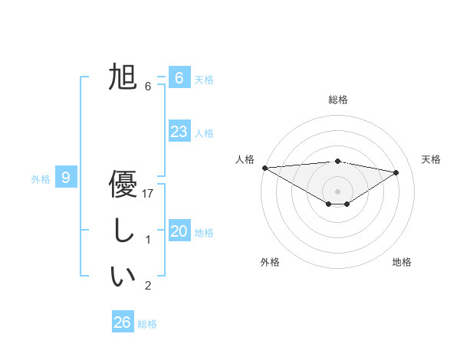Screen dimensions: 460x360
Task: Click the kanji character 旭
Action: click(123, 77)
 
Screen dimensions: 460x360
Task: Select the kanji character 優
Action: click(123, 184)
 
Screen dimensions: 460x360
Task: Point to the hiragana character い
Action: click(123, 277)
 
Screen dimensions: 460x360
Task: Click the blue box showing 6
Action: click(179, 77)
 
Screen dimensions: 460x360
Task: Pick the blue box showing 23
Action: click(179, 131)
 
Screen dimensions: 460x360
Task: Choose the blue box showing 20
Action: click(179, 231)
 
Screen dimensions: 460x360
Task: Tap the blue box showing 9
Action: click(66, 178)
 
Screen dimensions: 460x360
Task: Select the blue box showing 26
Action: click(122, 322)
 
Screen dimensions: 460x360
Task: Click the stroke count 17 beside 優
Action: click(148, 194)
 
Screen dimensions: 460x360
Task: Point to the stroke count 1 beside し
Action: click(148, 240)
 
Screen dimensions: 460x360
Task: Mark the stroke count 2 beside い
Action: click(148, 286)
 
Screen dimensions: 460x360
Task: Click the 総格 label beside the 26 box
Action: click(147, 324)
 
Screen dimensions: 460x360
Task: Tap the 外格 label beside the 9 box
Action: click(41, 179)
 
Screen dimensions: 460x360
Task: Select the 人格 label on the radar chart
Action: click(245, 159)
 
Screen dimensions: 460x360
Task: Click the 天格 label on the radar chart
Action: click(431, 159)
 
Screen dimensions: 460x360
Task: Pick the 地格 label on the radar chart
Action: click(402, 262)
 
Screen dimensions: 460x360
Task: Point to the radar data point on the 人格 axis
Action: click(264, 168)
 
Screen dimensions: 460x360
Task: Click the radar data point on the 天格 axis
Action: click(396, 172)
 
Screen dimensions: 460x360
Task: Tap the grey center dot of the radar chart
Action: click(337, 191)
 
